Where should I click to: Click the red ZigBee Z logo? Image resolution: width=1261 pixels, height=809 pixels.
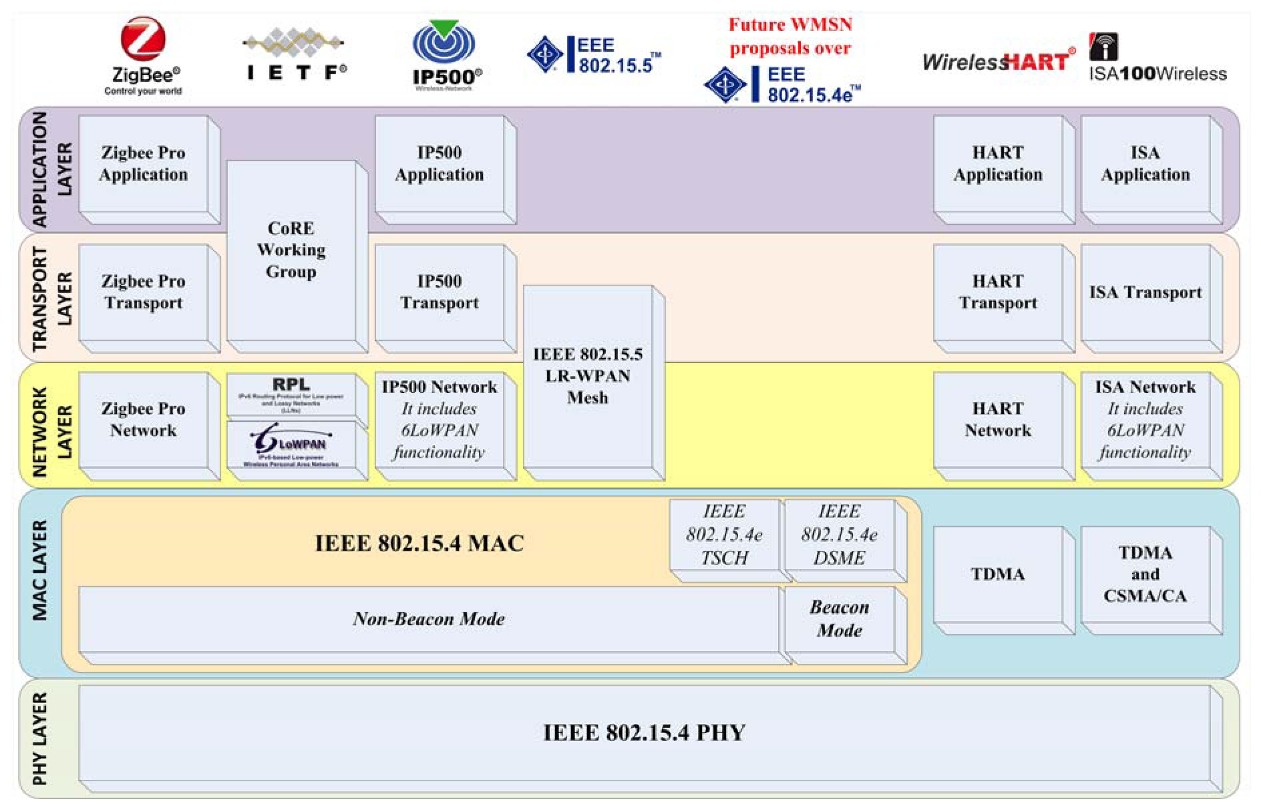143,38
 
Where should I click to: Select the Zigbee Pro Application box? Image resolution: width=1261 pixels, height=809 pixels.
143,163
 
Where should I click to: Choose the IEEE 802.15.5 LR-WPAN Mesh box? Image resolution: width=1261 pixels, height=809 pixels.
588,376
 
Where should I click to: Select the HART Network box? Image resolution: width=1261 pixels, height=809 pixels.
998,419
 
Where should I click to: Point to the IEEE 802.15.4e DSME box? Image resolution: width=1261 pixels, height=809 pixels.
839,535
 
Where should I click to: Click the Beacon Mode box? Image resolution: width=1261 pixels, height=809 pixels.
839,619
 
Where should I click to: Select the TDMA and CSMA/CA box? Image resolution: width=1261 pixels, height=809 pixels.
1145,574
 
